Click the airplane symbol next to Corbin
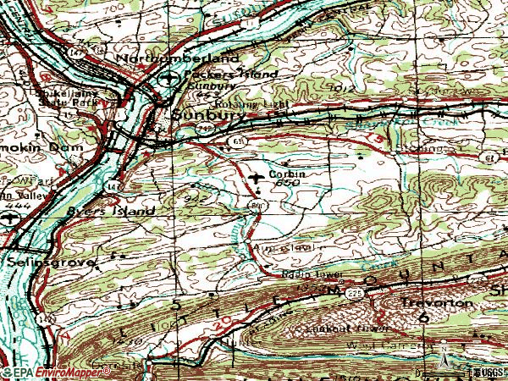[x=257, y=177]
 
